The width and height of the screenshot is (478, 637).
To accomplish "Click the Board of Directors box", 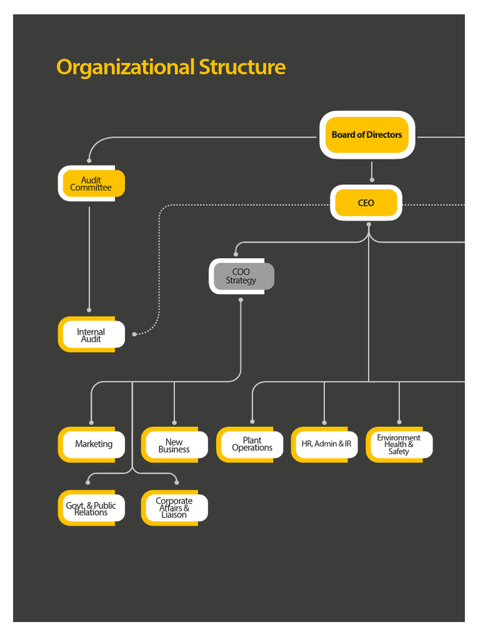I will point(367,134).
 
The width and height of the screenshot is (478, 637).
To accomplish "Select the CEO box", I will point(366,203).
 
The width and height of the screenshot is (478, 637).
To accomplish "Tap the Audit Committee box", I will point(91,184).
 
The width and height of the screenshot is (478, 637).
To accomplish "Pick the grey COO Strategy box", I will point(241,276).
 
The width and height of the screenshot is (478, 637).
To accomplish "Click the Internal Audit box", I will point(91,335).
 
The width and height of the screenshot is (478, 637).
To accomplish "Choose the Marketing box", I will point(93,444).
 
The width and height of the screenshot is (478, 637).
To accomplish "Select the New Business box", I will point(174,445).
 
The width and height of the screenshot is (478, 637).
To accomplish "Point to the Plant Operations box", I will point(251,444).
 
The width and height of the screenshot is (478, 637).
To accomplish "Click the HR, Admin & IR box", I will point(326,444).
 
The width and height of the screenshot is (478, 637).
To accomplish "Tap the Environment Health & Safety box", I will point(399,445).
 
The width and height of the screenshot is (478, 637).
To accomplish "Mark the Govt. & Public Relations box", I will point(91,508).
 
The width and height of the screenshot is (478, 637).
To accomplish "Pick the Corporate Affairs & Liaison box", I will point(174,508).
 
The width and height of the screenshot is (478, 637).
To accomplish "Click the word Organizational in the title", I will point(125,67).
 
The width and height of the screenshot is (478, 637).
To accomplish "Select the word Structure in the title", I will point(242,67).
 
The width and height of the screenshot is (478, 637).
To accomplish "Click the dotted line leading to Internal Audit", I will point(160,267).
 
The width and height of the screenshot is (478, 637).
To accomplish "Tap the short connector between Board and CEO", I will point(372,170).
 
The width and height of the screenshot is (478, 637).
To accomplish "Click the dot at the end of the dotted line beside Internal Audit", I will point(134,335).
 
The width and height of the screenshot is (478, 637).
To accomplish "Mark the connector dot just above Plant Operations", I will point(252,422).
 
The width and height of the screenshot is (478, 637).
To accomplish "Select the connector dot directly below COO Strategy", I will point(241,300).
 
